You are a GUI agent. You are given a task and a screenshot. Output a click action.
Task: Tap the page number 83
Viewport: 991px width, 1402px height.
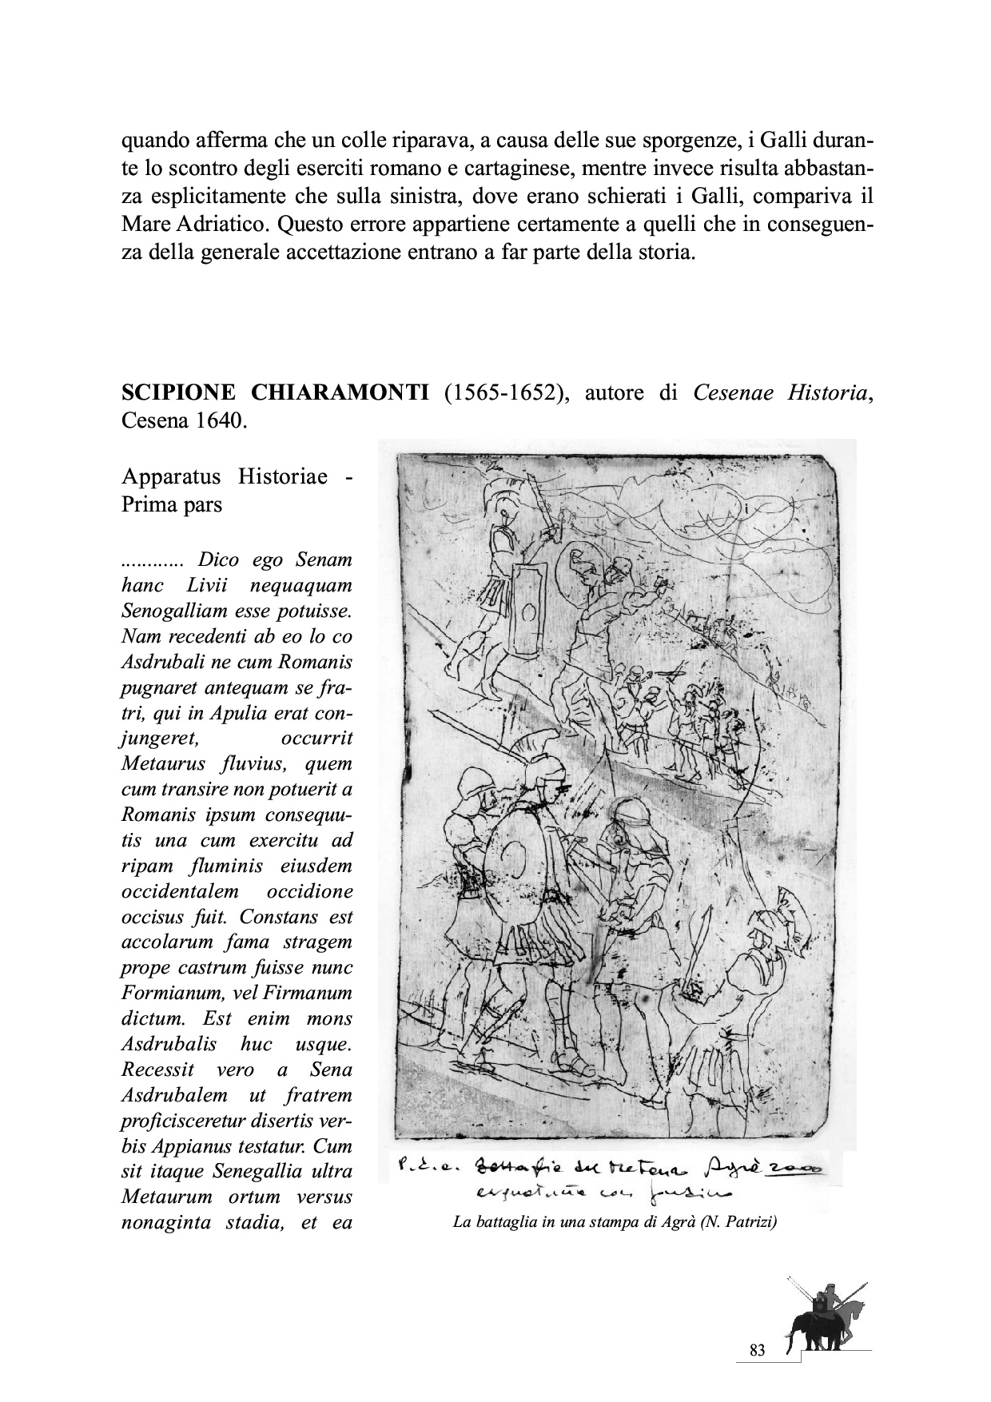pyautogui.click(x=758, y=1350)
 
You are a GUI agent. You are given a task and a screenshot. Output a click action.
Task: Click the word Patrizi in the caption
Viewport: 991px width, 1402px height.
pyautogui.click(x=744, y=1222)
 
